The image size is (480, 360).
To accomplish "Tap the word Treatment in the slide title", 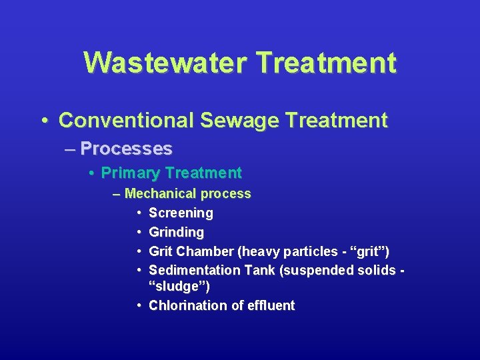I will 326,63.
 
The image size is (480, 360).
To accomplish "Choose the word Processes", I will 126,148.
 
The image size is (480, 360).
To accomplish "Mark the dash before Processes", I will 71,149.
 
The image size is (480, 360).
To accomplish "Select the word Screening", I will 181,213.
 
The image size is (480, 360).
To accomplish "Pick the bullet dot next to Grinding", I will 137,233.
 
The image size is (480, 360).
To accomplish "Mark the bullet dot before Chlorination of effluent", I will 137,305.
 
